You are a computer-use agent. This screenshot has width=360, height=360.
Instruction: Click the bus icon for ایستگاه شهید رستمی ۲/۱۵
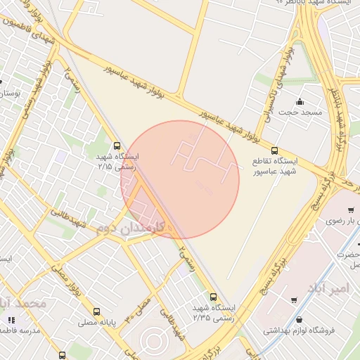point(117,146)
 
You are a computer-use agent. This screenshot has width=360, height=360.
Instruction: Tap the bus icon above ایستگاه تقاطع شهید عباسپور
point(274,150)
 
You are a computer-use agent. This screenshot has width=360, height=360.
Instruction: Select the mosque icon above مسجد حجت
point(300,101)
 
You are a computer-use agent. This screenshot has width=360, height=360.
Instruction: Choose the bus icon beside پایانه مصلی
point(96,311)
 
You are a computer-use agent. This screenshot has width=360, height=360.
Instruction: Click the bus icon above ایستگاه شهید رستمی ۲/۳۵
point(213,296)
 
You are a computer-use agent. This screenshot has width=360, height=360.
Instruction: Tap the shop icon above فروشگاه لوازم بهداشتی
point(292,300)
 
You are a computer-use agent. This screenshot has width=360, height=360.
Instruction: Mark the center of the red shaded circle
point(180,179)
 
